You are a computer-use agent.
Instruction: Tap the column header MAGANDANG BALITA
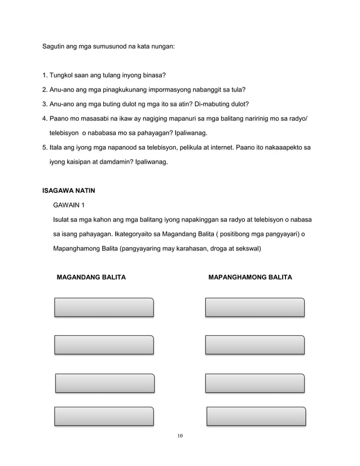[x=91, y=278]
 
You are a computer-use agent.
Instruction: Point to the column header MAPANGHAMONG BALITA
[x=250, y=278]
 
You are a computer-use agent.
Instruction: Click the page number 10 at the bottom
[x=180, y=435]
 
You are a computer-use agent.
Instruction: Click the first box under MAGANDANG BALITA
[x=104, y=307]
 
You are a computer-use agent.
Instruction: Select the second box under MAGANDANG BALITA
[x=104, y=345]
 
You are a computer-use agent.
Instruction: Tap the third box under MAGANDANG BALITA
[x=104, y=382]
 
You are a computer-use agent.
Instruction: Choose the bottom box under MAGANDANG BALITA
[x=104, y=416]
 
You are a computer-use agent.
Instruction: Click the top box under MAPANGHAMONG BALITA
[x=255, y=307]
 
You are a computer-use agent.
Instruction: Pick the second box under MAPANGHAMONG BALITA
[x=255, y=345]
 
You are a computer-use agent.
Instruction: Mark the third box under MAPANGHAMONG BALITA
[x=255, y=382]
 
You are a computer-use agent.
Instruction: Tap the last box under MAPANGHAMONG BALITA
[x=256, y=416]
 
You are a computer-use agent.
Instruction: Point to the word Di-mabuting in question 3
[x=214, y=104]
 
